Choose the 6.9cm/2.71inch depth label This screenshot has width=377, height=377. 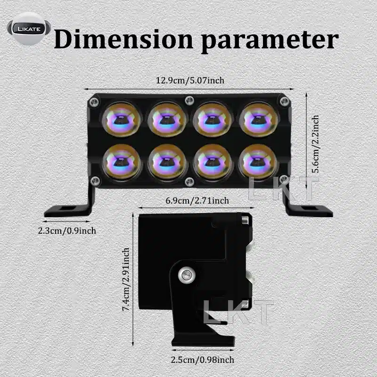click(197, 201)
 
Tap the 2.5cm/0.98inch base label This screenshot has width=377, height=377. click(203, 361)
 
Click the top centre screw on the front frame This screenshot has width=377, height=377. click(189, 99)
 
